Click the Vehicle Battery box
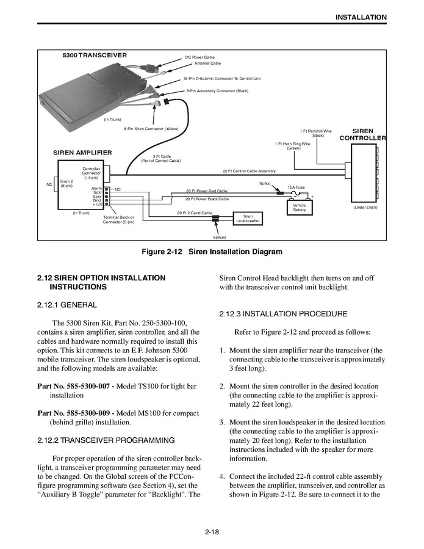(x=300, y=208)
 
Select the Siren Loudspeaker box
(x=248, y=218)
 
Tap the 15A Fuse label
(x=296, y=187)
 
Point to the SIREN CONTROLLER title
(x=363, y=134)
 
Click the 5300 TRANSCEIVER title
(x=95, y=55)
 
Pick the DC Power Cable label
(x=200, y=57)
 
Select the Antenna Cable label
(x=207, y=64)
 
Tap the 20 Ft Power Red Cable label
(x=206, y=191)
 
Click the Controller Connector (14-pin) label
(x=92, y=173)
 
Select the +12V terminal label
(x=97, y=205)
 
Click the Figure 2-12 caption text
(x=212, y=252)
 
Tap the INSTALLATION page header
(x=361, y=17)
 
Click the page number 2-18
(x=212, y=532)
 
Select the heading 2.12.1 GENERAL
(x=67, y=304)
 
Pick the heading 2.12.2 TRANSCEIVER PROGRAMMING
(x=106, y=440)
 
